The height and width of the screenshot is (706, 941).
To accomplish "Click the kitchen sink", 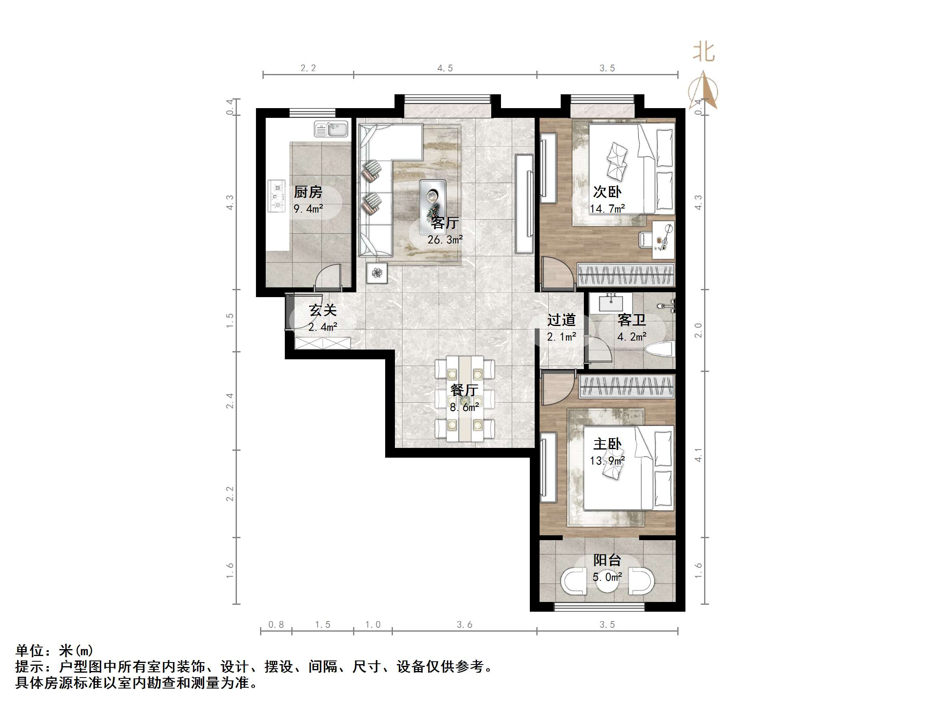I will pyautogui.click(x=331, y=129).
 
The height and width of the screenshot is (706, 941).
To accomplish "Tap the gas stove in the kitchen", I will pyautogui.click(x=277, y=196).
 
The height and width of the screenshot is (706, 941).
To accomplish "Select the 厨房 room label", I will pyautogui.click(x=308, y=192).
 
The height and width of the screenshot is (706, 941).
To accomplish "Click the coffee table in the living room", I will pyautogui.click(x=433, y=207).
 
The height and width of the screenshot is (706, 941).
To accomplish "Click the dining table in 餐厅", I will pyautogui.click(x=464, y=399).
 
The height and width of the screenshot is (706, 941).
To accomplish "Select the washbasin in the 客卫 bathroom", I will pyautogui.click(x=611, y=303).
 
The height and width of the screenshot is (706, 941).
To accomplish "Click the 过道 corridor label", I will pyautogui.click(x=561, y=320).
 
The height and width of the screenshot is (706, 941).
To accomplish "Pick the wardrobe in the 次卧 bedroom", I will pyautogui.click(x=625, y=275).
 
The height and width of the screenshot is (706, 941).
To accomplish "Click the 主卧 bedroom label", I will pyautogui.click(x=607, y=444).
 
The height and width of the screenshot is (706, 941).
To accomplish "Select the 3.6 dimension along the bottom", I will pyautogui.click(x=464, y=625).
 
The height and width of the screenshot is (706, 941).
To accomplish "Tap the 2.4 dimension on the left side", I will pyautogui.click(x=230, y=401).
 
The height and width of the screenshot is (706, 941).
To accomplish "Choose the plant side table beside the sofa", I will pyautogui.click(x=377, y=273).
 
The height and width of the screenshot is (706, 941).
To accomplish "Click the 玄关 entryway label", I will pyautogui.click(x=323, y=310).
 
